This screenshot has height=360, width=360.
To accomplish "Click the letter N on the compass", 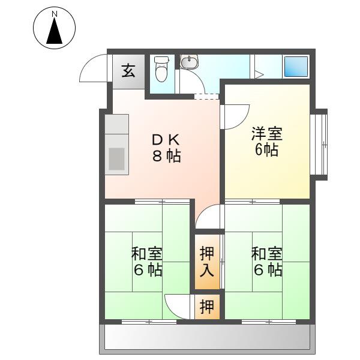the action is (x=55, y=14).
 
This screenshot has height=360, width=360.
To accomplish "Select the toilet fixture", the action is (x=161, y=69).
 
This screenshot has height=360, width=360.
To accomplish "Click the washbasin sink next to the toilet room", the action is (x=189, y=62).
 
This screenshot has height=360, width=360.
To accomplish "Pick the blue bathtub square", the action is (x=296, y=67).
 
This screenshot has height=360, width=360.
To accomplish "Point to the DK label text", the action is (x=166, y=140).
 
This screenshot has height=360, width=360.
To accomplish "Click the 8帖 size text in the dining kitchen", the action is (x=166, y=156).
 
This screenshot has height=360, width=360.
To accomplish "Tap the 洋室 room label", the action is (x=267, y=133).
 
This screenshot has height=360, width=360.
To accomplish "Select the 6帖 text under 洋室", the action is (x=266, y=149).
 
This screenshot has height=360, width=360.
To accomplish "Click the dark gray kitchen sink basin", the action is (x=116, y=159).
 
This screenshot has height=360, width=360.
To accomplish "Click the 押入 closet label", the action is (x=207, y=262).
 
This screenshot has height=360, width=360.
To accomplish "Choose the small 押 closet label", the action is (x=207, y=307).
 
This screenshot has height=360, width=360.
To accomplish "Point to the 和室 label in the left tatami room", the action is (x=147, y=254).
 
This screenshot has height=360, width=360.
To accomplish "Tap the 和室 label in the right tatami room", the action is (x=267, y=254).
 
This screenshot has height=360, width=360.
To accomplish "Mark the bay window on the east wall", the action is (x=319, y=145).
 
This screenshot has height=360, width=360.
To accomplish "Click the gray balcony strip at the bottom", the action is (x=207, y=337).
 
